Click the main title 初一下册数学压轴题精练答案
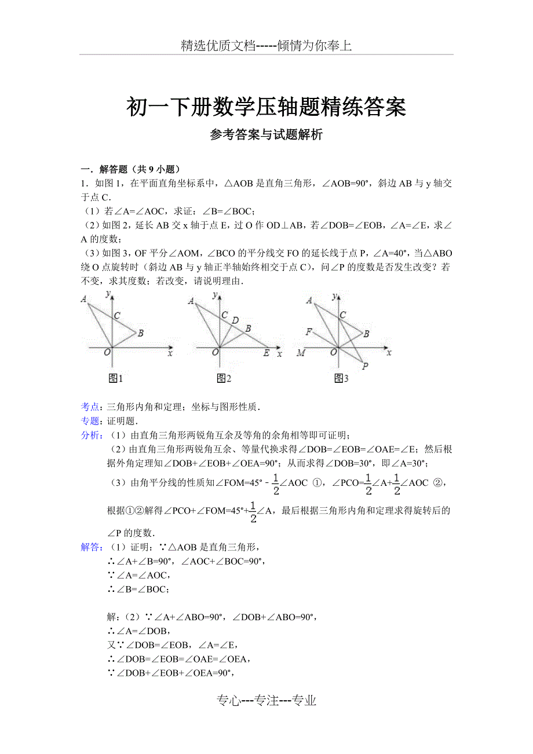tap(266, 107)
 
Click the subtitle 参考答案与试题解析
tap(266, 136)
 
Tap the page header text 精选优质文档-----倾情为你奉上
tap(266, 46)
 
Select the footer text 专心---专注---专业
tap(266, 701)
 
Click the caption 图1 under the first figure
tap(116, 378)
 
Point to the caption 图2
tap(224, 378)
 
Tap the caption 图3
tap(341, 378)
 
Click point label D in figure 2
tap(235, 320)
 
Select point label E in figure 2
tap(266, 353)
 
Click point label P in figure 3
tap(364, 366)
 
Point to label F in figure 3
tap(309, 331)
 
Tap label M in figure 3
tap(300, 353)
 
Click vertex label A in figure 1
tap(85, 299)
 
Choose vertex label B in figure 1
tap(140, 333)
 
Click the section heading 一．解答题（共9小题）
tap(130, 169)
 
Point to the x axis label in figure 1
tap(170, 352)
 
